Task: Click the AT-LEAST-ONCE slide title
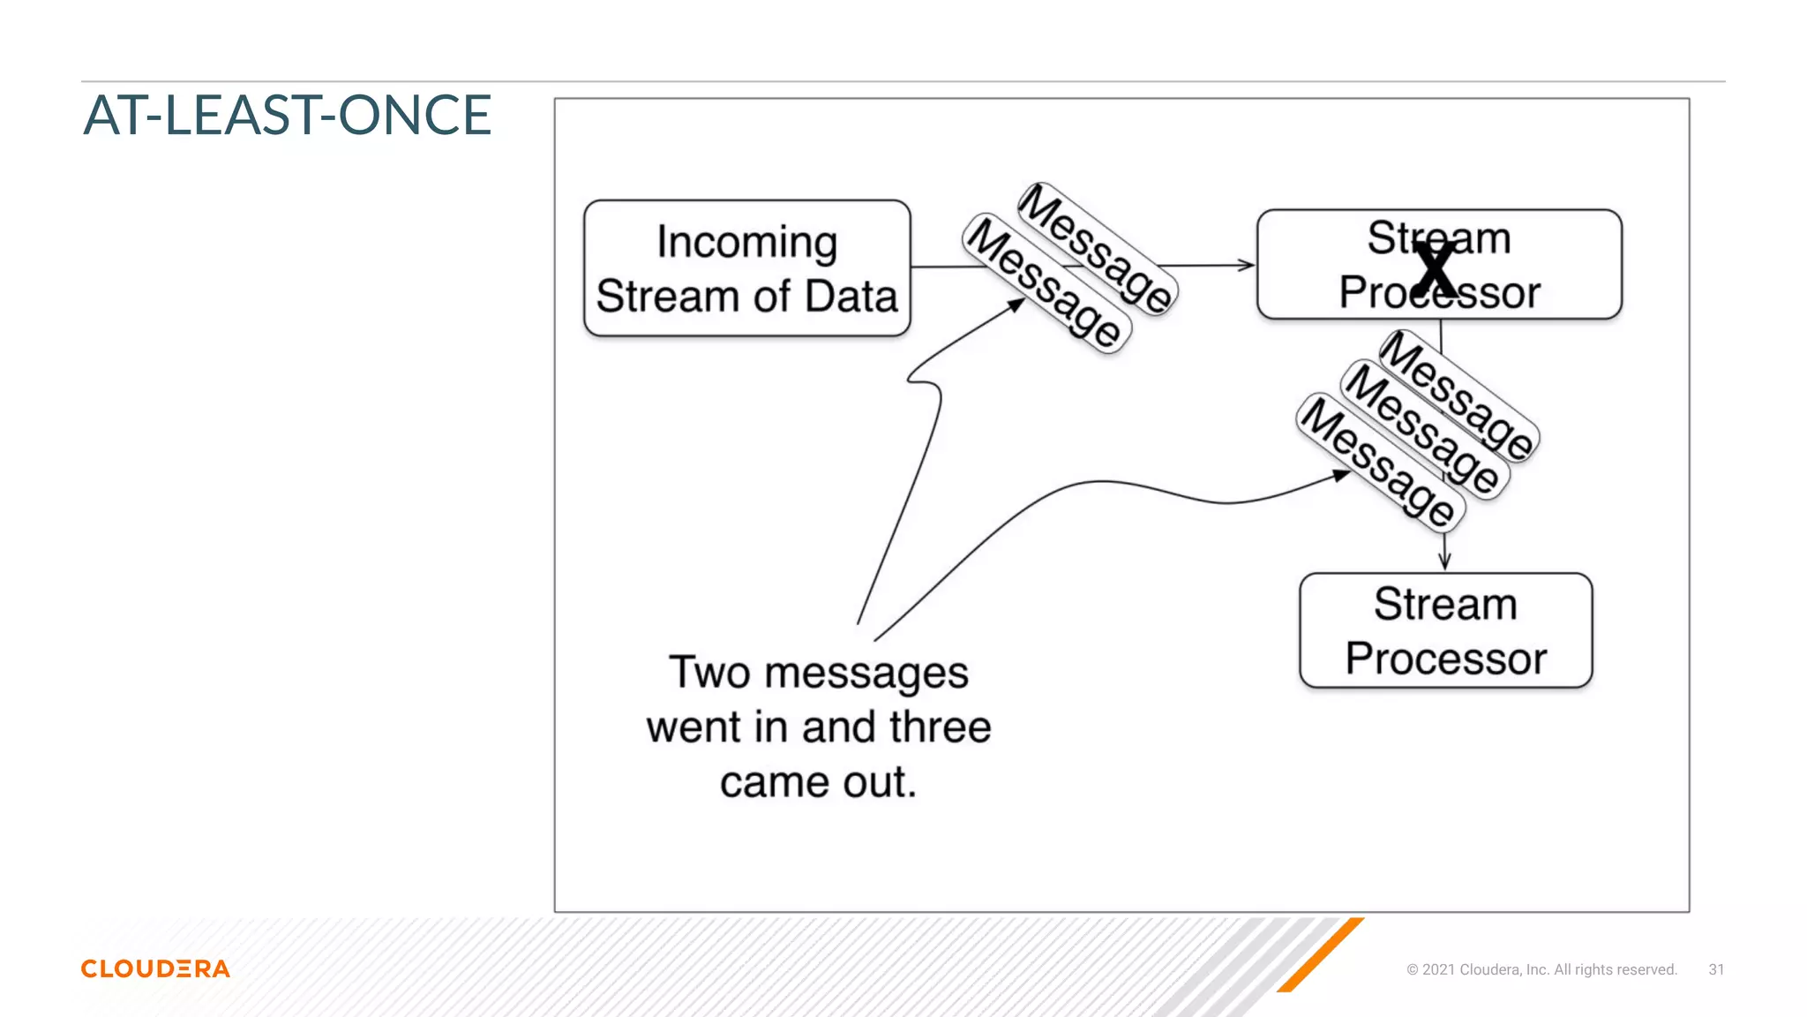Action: click(288, 116)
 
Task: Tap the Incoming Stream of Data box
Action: click(746, 268)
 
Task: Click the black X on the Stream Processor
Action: click(1436, 269)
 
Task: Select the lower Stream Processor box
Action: click(1445, 630)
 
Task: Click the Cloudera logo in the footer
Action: click(155, 968)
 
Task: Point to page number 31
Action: click(1716, 969)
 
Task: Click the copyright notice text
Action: click(1541, 969)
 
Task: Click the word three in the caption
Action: click(941, 727)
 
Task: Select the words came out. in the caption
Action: click(818, 782)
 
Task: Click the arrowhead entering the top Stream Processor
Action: click(1246, 265)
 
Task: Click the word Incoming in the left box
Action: click(746, 242)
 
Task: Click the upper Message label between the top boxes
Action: click(1096, 248)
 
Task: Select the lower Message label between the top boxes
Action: click(1046, 283)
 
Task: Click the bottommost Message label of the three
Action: click(1381, 463)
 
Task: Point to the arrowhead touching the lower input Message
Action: click(1016, 305)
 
